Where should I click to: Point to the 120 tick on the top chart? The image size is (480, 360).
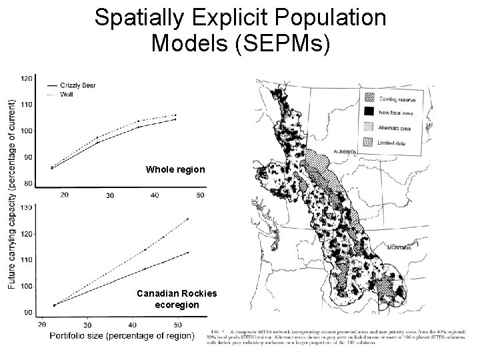click(28, 78)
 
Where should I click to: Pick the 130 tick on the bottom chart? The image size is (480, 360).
click(28, 208)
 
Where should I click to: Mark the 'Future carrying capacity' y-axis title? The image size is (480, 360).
click(13, 193)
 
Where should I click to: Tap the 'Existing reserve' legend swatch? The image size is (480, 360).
click(369, 97)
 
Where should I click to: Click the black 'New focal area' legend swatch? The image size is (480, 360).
click(369, 111)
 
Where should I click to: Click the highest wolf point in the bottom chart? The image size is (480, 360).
click(188, 219)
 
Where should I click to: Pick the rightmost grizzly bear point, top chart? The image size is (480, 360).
click(175, 119)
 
